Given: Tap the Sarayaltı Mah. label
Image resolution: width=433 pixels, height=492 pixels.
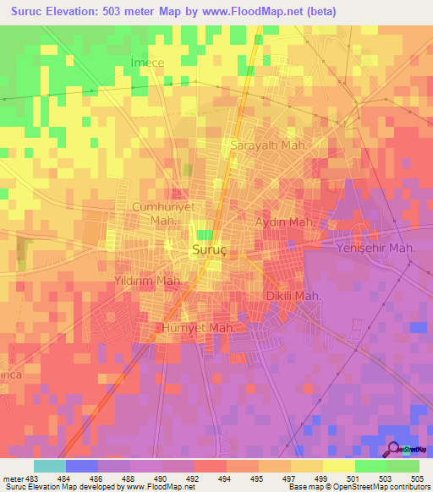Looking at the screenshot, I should click(266, 145).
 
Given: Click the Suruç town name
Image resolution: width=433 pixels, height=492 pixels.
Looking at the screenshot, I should click(207, 251).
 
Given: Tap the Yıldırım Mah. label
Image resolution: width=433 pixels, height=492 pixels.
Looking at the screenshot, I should click(148, 280).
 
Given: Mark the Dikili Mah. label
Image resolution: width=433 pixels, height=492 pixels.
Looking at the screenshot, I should click(292, 297).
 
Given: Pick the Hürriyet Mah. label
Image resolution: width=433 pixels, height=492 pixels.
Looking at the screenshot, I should click(199, 326).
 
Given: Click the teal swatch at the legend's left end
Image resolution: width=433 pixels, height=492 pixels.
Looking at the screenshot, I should click(50, 466).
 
